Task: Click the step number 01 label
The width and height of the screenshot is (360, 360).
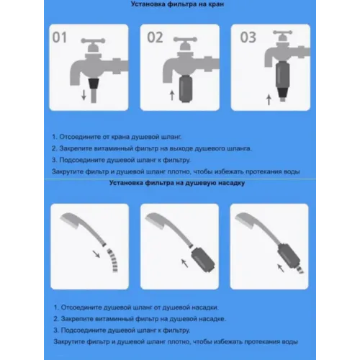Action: [x=60, y=37]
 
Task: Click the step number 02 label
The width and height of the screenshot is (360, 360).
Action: [x=155, y=37]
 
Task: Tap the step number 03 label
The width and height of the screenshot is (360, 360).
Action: [x=248, y=37]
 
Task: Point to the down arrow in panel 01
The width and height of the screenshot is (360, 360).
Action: [x=84, y=95]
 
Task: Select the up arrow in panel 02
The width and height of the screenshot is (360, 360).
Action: [x=172, y=95]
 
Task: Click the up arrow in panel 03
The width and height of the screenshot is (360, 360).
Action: [x=269, y=100]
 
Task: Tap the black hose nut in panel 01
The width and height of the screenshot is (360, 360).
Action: [x=94, y=84]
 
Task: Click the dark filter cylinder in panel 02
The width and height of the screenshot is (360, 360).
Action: [x=186, y=89]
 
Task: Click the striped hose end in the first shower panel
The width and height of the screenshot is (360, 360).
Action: [x=112, y=261]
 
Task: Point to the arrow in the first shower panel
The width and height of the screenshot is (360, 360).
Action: [x=96, y=254]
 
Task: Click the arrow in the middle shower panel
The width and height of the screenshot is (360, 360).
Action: [x=184, y=263]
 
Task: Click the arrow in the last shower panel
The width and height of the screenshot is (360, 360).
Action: [x=281, y=268]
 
